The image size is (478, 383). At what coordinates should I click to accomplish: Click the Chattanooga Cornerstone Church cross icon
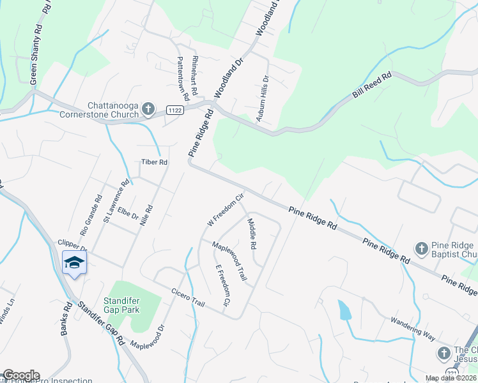click(x=148, y=109)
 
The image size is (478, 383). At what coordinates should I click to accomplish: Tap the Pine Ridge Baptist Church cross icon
click(x=421, y=248)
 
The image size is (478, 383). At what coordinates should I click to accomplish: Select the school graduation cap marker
click(x=74, y=262)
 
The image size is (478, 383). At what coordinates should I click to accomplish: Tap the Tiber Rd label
click(x=154, y=163)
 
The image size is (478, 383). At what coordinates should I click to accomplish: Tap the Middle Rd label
click(x=252, y=234)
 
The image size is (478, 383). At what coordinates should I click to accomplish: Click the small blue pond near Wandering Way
click(x=344, y=310)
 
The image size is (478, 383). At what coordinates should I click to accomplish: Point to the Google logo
click(x=21, y=375)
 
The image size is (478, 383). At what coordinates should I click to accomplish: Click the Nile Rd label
click(x=149, y=216)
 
